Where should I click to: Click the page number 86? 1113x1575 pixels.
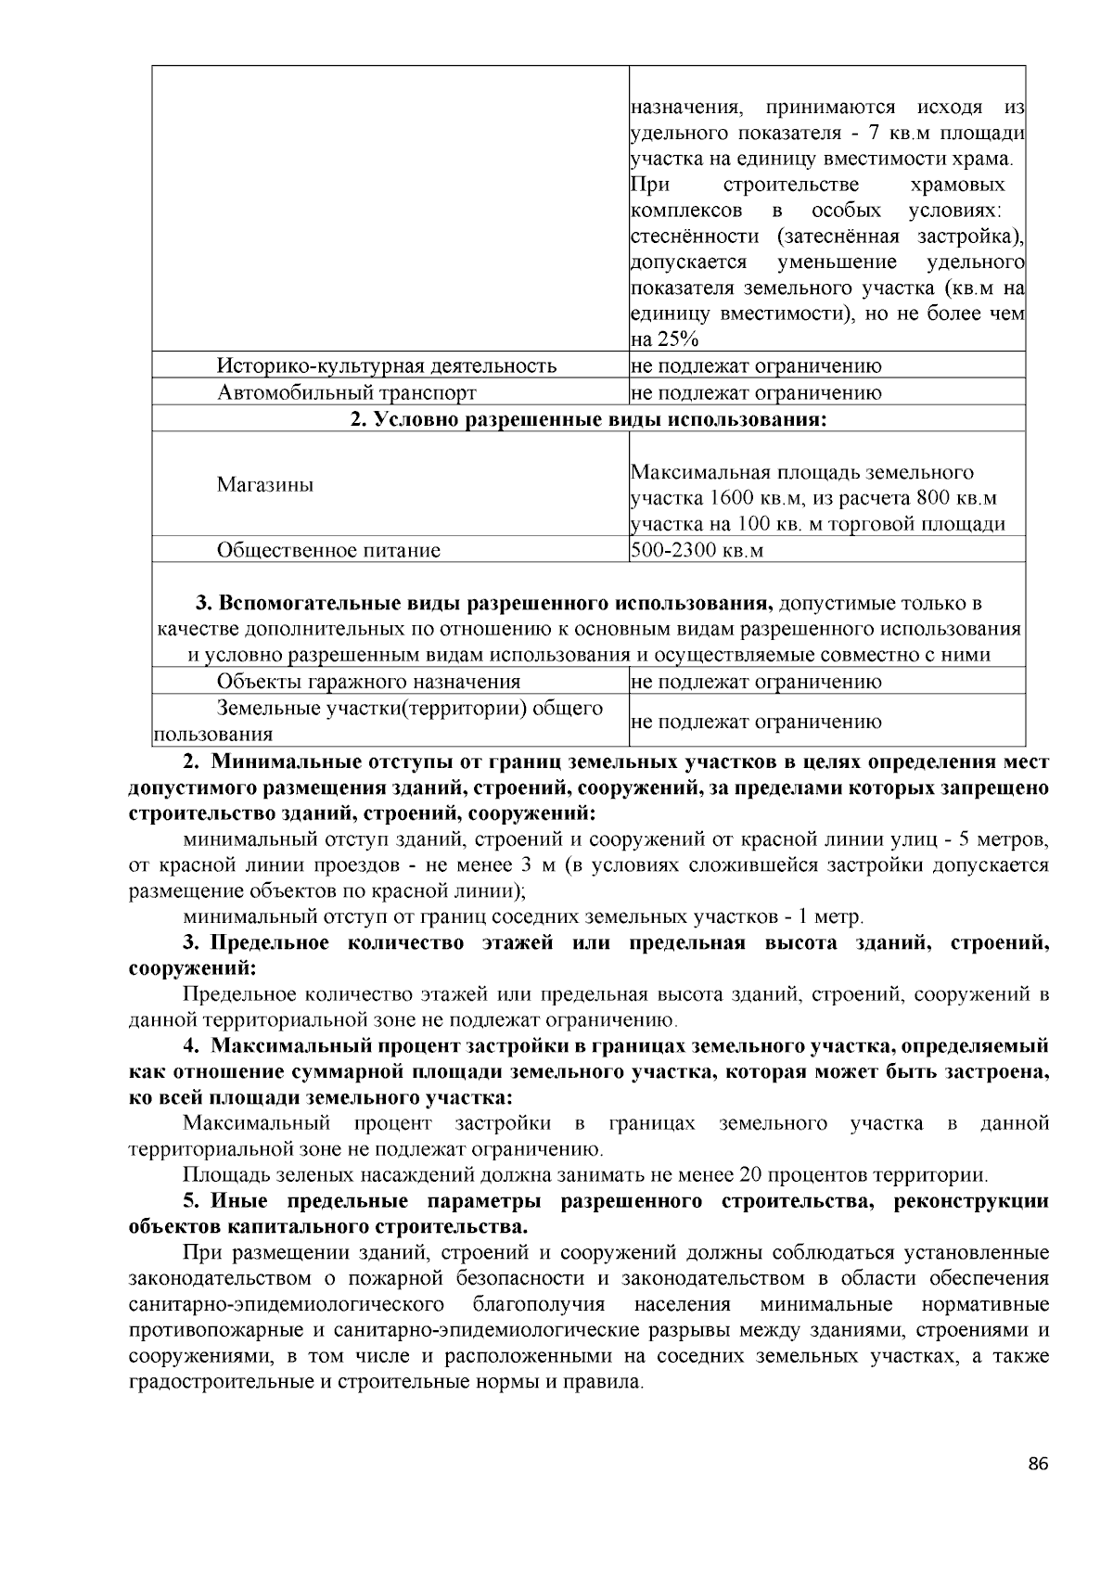point(1038,1465)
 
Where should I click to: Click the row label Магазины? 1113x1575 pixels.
point(265,484)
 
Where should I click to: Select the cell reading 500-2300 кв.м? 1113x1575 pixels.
point(697,550)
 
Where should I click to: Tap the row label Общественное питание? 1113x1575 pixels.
point(328,550)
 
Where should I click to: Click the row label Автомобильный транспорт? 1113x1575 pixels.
point(347,392)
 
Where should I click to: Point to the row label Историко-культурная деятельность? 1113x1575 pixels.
point(387,365)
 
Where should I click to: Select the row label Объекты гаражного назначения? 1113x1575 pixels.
point(368,682)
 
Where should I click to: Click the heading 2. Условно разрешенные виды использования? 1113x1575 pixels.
point(588,419)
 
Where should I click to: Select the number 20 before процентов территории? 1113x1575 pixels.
point(751,1175)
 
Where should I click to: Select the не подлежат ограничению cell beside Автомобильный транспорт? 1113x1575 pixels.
point(756,392)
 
